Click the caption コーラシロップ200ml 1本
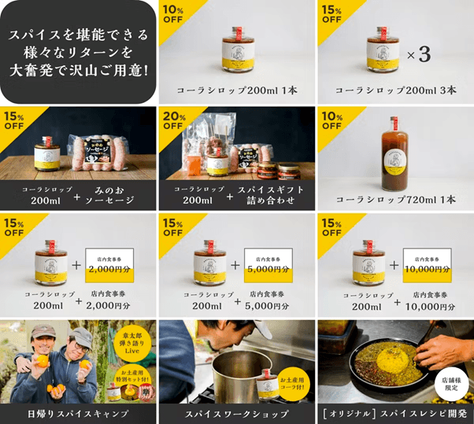coord(236,90)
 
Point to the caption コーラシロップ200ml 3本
coord(395,90)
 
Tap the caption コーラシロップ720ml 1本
coord(395,199)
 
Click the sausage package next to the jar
coord(105,153)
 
